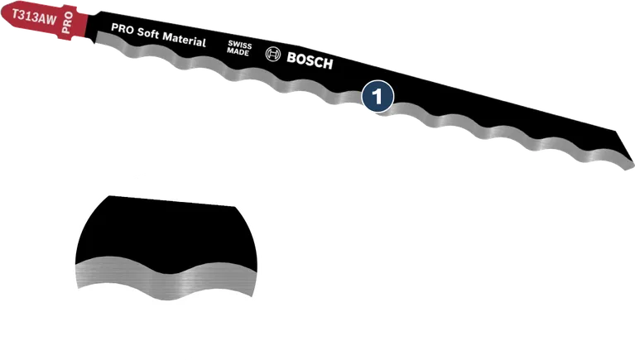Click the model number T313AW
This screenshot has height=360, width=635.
click(x=31, y=13)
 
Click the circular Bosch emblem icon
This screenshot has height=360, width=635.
click(x=273, y=55)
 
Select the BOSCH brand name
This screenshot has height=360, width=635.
click(x=309, y=60)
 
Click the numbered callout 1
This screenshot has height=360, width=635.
click(x=378, y=97)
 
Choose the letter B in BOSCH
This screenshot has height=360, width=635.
click(x=291, y=57)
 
